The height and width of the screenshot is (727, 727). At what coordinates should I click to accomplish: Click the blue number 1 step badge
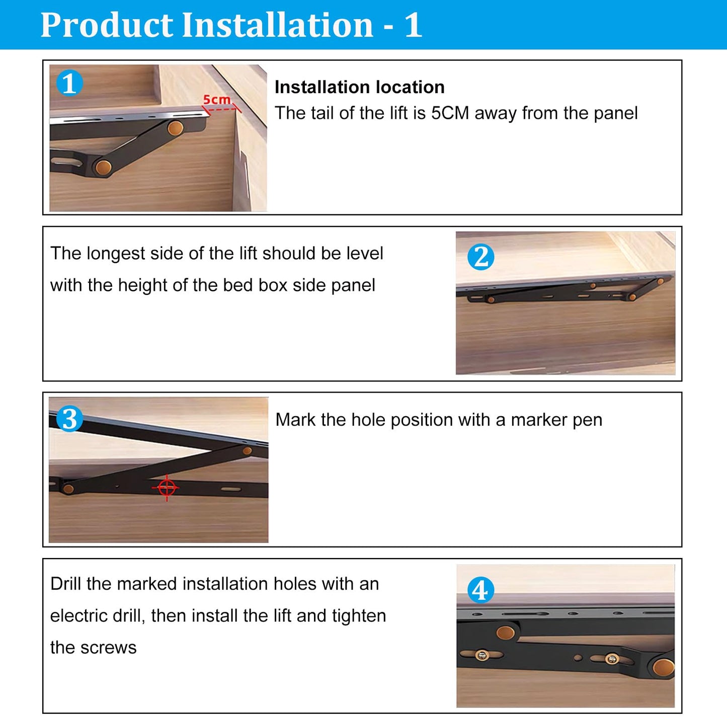point(69,83)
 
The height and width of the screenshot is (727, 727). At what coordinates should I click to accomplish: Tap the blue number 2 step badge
point(480,257)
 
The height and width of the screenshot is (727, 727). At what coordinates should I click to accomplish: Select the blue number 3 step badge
point(69,419)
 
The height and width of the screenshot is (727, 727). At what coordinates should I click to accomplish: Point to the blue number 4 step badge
point(480,590)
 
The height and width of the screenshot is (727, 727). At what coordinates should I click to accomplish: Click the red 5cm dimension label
point(216,100)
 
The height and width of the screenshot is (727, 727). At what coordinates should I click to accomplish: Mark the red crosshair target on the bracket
point(167,488)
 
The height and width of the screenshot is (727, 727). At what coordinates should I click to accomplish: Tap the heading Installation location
point(360,87)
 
